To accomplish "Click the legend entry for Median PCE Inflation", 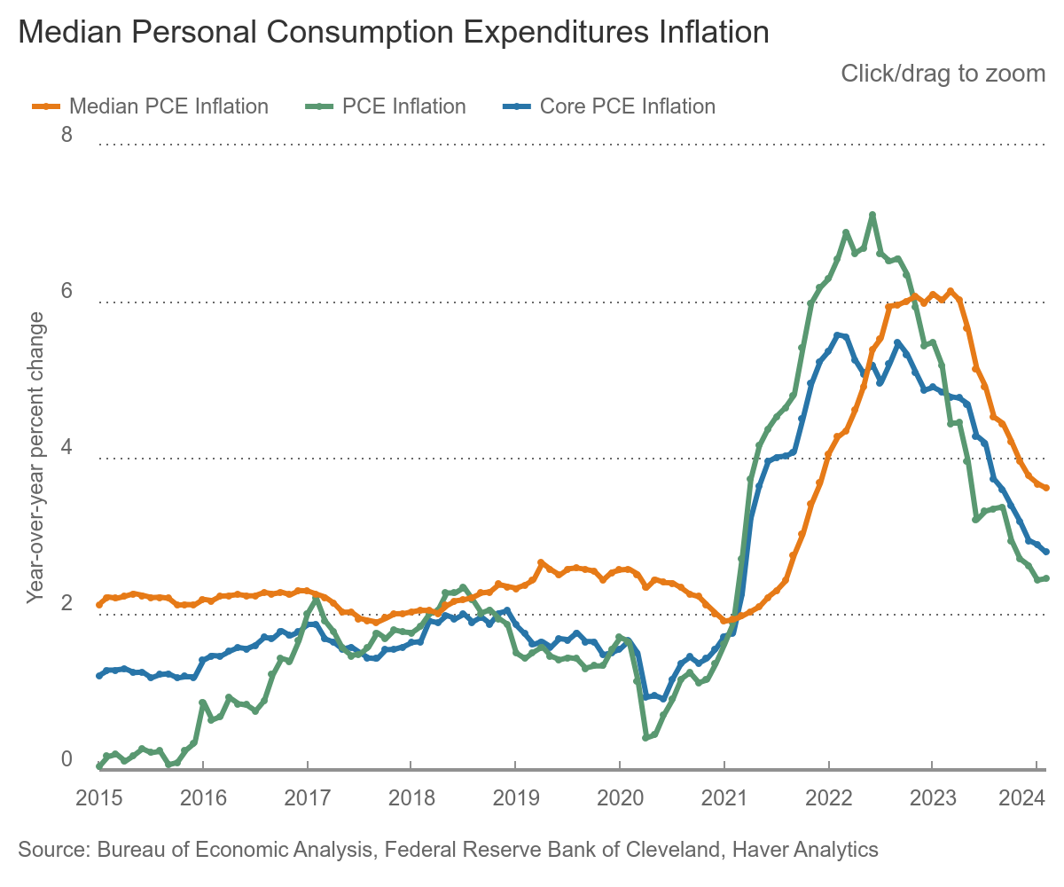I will click(x=151, y=106).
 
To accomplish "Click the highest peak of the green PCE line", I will click(x=872, y=215).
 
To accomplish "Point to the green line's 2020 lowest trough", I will click(x=645, y=737).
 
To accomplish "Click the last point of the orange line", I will click(x=1046, y=488).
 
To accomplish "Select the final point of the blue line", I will click(x=1046, y=552).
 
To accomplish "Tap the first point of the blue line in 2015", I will click(x=98, y=676).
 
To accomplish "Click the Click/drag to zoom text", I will click(x=943, y=73).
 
